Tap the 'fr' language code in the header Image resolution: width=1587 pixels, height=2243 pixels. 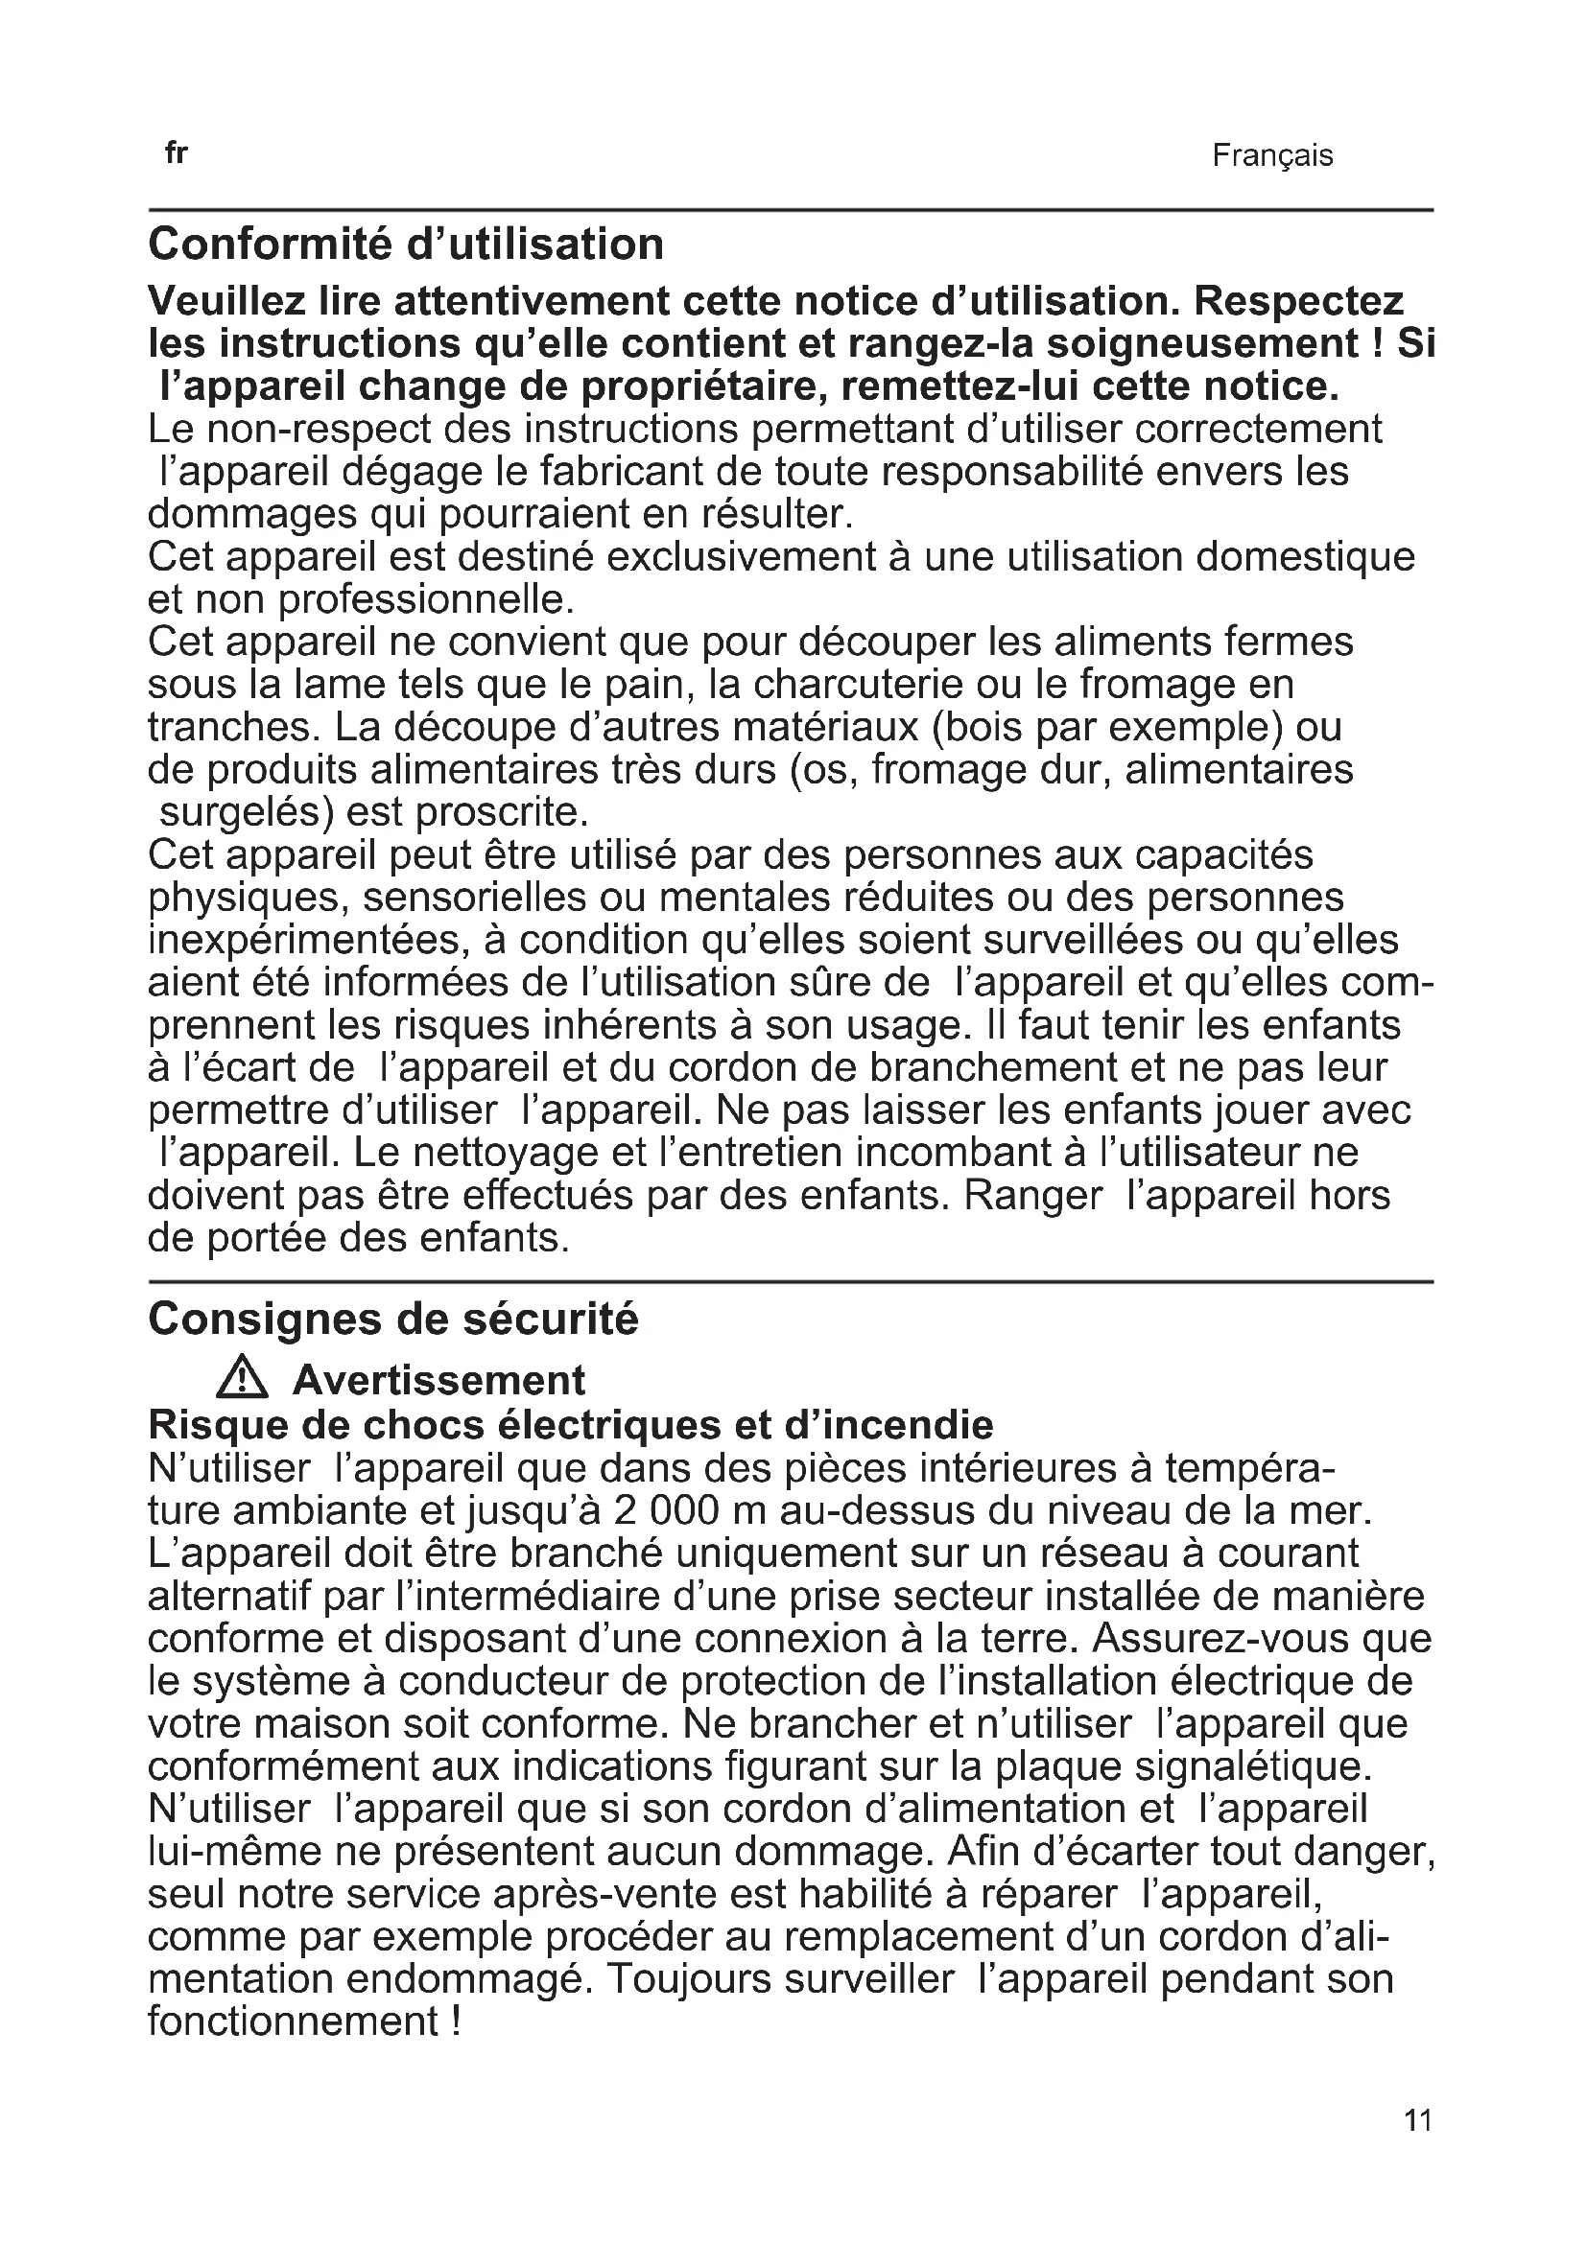click(x=176, y=153)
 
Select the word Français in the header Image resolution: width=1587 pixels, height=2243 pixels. click(x=1272, y=155)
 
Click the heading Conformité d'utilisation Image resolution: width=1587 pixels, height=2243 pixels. click(x=406, y=245)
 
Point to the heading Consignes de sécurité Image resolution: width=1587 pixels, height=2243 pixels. click(x=392, y=1319)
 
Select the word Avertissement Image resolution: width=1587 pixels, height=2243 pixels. click(x=438, y=1380)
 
